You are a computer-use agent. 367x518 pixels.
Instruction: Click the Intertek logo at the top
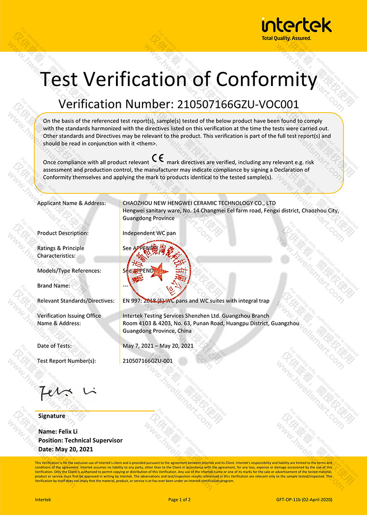point(296,25)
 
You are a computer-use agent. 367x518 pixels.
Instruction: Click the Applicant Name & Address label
point(72,203)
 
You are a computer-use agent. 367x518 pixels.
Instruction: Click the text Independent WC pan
point(149,233)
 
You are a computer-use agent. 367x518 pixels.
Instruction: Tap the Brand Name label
point(54,285)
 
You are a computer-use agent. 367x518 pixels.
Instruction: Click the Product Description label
point(63,233)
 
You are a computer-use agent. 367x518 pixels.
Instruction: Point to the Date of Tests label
point(54,345)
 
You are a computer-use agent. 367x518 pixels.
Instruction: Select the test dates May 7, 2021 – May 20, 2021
point(158,345)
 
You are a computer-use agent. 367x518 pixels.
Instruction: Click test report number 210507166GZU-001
point(148,360)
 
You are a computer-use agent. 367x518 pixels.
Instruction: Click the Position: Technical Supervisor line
point(81,441)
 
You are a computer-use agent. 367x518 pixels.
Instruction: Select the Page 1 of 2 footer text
point(179,499)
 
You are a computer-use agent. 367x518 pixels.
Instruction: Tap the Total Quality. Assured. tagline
point(286,38)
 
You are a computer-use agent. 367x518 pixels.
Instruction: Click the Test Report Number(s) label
point(67,360)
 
